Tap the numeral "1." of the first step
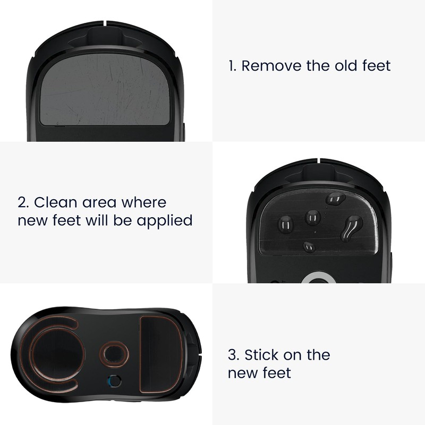coord(232,66)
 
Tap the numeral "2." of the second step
coord(23,202)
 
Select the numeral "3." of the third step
coord(233,355)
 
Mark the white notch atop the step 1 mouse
coord(107,23)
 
